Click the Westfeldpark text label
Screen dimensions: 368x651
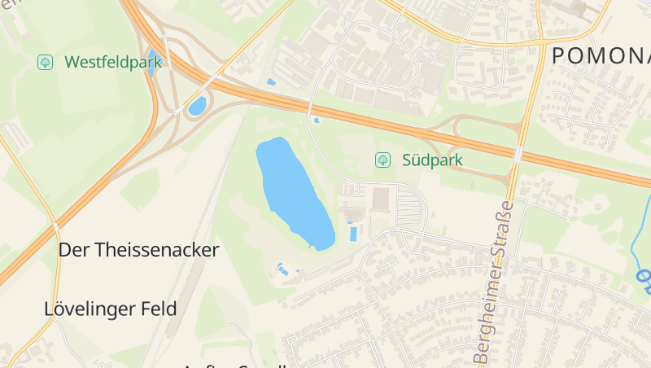point(112,62)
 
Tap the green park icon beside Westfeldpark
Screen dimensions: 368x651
point(46,62)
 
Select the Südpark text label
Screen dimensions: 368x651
point(432,160)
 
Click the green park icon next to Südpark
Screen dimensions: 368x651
point(381,160)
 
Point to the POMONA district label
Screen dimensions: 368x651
point(601,56)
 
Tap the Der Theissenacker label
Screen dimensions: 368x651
point(138,250)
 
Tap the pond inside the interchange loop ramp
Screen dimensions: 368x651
point(197,106)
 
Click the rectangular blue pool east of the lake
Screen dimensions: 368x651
point(352,234)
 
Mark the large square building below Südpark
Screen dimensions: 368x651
point(380,199)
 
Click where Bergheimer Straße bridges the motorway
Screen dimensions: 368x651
point(518,153)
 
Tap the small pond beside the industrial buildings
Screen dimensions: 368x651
point(270,82)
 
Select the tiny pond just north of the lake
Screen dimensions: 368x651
point(316,120)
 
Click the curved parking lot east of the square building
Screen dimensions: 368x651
point(416,204)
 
